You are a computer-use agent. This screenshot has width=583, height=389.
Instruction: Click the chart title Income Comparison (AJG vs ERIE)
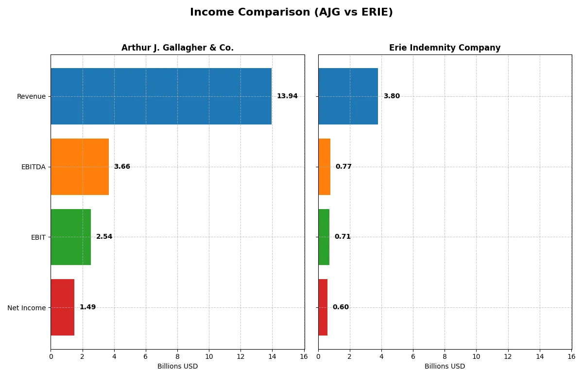pyautogui.click(x=291, y=13)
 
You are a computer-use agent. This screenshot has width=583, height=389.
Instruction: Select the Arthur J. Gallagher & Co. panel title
pyautogui.click(x=177, y=48)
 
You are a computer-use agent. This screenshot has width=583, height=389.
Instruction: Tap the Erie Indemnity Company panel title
pyautogui.click(x=445, y=48)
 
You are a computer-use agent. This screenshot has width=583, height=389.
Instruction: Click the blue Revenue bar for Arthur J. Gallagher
pyautogui.click(x=161, y=96)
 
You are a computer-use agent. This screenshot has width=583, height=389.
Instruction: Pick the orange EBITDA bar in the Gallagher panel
pyautogui.click(x=80, y=167)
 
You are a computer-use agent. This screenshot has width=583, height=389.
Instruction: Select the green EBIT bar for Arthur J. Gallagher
pyautogui.click(x=71, y=237)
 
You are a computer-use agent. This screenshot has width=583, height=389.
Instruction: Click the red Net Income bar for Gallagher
pyautogui.click(x=63, y=307)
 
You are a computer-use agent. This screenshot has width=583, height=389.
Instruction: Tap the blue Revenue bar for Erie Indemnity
pyautogui.click(x=348, y=96)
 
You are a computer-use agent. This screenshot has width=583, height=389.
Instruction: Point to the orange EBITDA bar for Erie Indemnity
pyautogui.click(x=324, y=167)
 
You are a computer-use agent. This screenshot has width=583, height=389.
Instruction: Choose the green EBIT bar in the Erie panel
pyautogui.click(x=324, y=237)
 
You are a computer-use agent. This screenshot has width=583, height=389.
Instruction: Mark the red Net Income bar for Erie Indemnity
pyautogui.click(x=323, y=307)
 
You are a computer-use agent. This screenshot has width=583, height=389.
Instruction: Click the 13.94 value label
pyautogui.click(x=287, y=96)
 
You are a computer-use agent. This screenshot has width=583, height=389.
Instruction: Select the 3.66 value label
pyautogui.click(x=122, y=167)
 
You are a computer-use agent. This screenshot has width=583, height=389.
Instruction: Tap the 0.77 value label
pyautogui.click(x=343, y=167)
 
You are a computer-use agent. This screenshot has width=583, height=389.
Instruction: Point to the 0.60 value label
pyautogui.click(x=341, y=307)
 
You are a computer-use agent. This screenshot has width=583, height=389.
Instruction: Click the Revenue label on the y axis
pyautogui.click(x=31, y=96)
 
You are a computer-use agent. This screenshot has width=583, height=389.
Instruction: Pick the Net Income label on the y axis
pyautogui.click(x=26, y=308)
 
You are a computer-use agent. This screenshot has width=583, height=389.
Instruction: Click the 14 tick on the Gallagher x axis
pyautogui.click(x=272, y=356)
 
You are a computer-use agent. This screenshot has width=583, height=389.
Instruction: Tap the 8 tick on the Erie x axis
pyautogui.click(x=445, y=356)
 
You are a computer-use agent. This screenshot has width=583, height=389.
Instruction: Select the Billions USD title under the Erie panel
pyautogui.click(x=445, y=367)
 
